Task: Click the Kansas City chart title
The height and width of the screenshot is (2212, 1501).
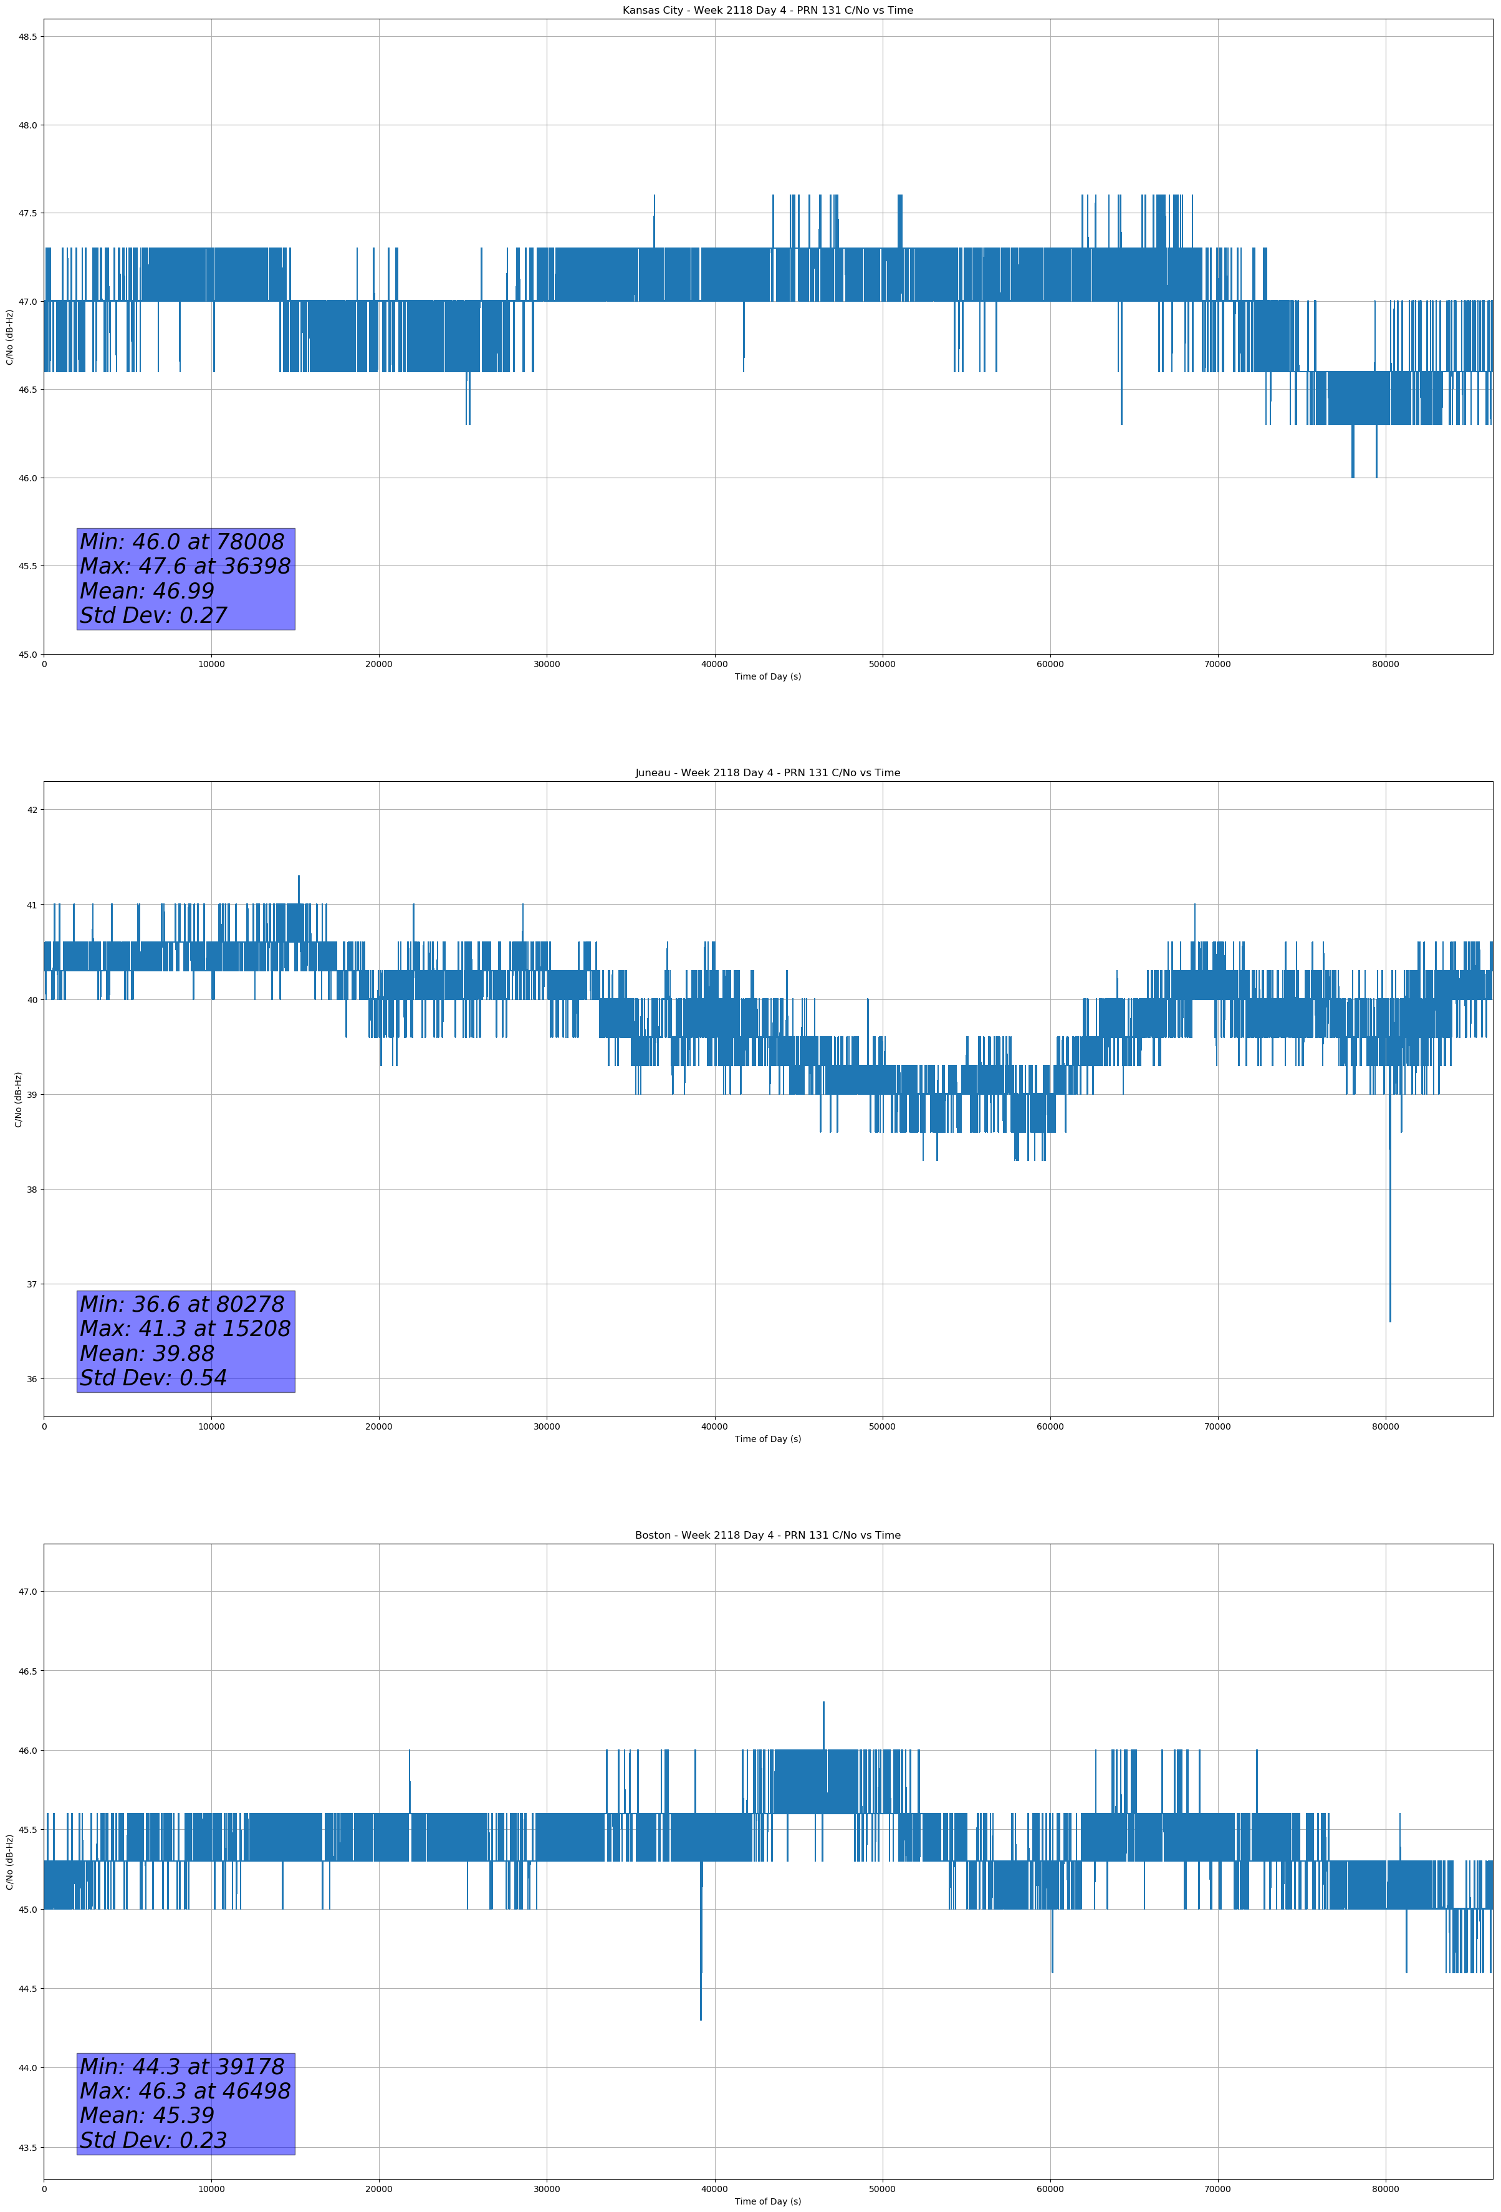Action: coord(767,11)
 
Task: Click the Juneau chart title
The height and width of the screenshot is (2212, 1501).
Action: coord(767,773)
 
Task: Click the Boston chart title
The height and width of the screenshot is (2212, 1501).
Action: coord(767,1536)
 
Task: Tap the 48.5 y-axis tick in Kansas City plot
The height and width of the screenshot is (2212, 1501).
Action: coord(27,37)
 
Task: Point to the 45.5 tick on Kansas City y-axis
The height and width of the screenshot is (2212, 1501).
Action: coord(27,566)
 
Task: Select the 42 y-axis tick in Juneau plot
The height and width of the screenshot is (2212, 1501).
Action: coord(32,810)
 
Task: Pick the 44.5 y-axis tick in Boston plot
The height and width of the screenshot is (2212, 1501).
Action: coord(27,1988)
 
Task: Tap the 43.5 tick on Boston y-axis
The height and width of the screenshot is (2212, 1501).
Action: coord(27,2147)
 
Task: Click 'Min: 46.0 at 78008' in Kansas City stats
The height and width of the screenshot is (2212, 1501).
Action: coord(182,542)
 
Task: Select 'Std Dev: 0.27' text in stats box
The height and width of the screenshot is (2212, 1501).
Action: coord(153,616)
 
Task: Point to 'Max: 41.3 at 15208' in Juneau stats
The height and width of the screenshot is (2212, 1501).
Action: coord(185,1329)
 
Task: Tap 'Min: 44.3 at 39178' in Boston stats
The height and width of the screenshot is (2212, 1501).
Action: coord(182,2066)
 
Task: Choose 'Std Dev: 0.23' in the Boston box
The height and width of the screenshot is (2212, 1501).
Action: coord(153,2140)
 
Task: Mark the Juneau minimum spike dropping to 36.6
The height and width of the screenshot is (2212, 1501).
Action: coord(1389,1318)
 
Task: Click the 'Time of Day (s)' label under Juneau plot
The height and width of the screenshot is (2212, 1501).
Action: coord(767,1439)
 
